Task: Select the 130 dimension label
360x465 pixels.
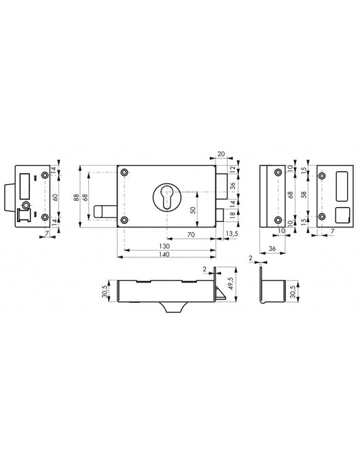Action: click(x=164, y=245)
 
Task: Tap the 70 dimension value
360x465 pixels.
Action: click(x=191, y=234)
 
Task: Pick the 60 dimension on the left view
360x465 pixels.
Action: click(x=57, y=196)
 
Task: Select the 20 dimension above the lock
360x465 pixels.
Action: click(x=221, y=153)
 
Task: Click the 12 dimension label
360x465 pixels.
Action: click(x=232, y=168)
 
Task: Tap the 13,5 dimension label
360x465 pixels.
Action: click(x=231, y=234)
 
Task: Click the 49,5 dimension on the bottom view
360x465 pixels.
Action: click(x=231, y=281)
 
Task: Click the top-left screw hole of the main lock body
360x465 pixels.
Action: click(x=124, y=173)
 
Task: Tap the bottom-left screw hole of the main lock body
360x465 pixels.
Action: click(x=124, y=219)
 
